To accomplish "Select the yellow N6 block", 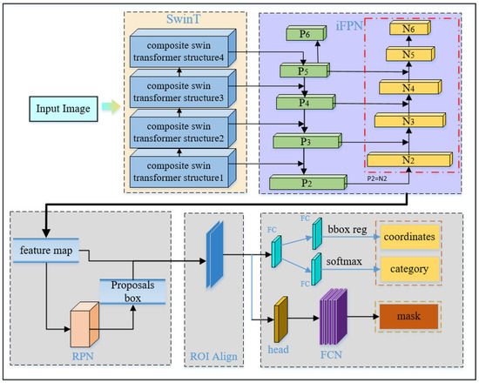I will pos(408,29).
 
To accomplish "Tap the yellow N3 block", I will pos(408,119).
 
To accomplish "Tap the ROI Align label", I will pos(216,356).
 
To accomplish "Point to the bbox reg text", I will pos(347,227).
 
